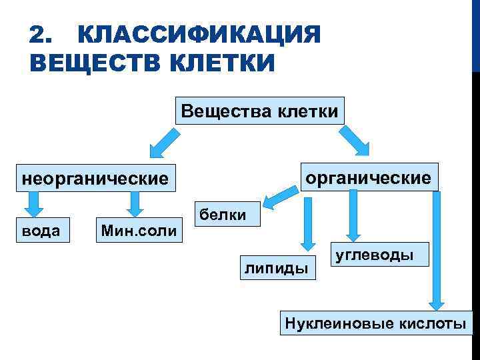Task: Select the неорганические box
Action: [x=94, y=179]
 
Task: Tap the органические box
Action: [x=368, y=177]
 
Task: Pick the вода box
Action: [x=41, y=231]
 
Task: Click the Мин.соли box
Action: [x=139, y=231]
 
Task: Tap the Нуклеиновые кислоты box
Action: [x=375, y=324]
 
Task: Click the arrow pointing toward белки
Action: [x=280, y=196]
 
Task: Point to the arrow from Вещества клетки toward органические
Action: [x=353, y=141]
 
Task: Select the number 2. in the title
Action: [x=41, y=35]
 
